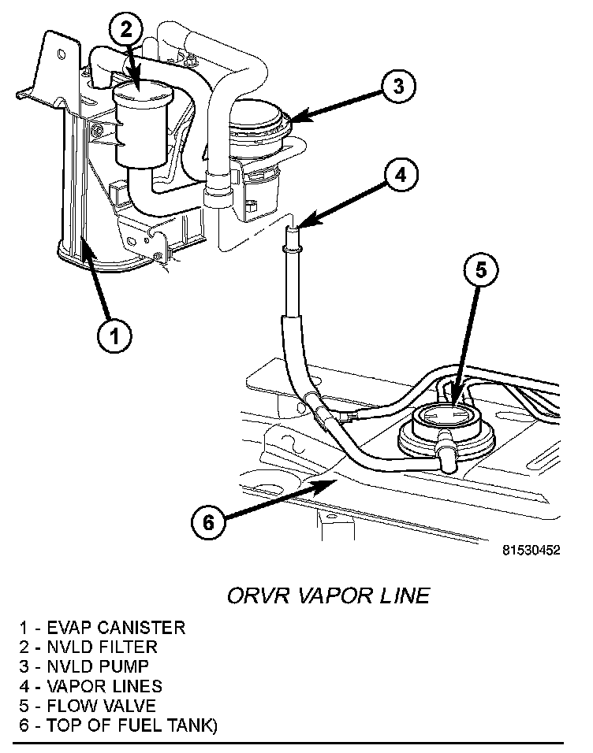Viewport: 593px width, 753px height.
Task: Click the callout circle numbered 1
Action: point(114,336)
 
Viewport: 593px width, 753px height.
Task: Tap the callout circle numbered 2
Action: point(127,29)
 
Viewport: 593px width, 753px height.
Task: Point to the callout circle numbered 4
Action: point(401,176)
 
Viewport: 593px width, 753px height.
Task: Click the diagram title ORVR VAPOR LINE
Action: point(328,595)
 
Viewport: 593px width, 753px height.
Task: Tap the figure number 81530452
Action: point(530,551)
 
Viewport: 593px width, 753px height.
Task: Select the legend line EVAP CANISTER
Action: point(103,628)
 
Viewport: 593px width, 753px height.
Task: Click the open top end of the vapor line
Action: point(293,228)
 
